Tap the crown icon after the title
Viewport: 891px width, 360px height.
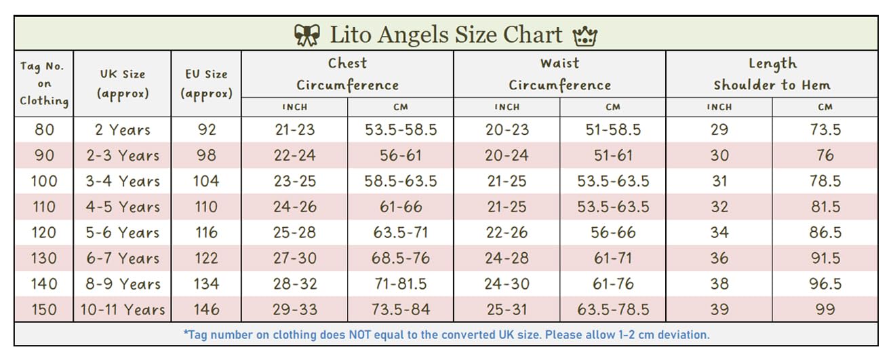point(584,35)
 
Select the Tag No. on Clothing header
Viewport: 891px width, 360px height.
point(44,83)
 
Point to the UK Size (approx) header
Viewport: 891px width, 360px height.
point(123,83)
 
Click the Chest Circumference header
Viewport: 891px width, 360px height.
point(347,74)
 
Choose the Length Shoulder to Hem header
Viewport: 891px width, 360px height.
point(772,74)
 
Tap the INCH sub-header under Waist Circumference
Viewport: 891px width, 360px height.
point(507,107)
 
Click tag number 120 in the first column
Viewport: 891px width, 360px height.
point(44,233)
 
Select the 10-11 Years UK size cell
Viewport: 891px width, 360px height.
point(123,310)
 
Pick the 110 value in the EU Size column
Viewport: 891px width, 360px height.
point(206,207)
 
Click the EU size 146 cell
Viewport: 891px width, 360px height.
point(206,310)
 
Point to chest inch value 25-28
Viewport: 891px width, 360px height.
point(294,233)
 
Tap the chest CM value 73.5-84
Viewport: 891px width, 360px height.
point(400,310)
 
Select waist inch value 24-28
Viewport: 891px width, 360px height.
point(507,258)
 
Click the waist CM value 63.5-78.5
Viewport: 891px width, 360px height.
point(613,310)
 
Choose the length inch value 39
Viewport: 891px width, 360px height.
point(719,310)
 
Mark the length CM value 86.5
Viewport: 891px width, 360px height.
point(825,233)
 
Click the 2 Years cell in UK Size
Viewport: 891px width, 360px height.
point(123,129)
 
